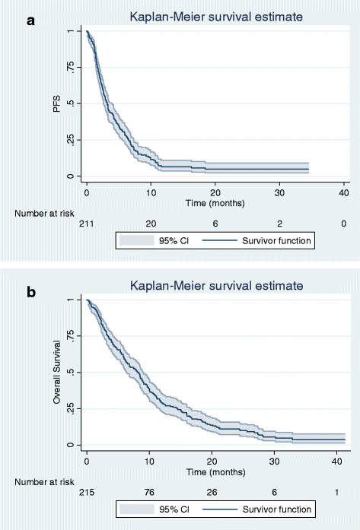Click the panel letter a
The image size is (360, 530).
click(x=30, y=21)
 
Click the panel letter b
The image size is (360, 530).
click(x=31, y=292)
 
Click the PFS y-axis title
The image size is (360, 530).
click(x=57, y=103)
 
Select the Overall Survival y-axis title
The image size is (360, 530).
click(x=57, y=372)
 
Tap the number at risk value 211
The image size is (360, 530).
click(x=87, y=224)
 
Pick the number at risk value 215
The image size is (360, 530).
click(x=87, y=492)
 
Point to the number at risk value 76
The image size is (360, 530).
click(x=149, y=492)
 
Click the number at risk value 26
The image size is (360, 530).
click(x=212, y=492)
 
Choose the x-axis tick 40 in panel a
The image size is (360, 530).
click(x=344, y=193)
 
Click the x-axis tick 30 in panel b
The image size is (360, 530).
click(x=275, y=462)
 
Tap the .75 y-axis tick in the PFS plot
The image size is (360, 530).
click(x=70, y=67)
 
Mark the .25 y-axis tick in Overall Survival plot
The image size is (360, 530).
click(x=70, y=408)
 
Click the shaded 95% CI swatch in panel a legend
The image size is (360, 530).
click(x=137, y=240)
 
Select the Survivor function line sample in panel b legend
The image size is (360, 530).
click(x=220, y=509)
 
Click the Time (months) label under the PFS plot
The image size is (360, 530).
click(x=215, y=203)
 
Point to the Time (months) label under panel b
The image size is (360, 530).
click(x=216, y=472)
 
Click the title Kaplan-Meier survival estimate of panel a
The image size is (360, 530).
click(x=217, y=17)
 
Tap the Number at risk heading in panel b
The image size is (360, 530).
click(x=44, y=482)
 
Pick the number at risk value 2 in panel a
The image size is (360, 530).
click(x=279, y=224)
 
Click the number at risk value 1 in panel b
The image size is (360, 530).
click(x=336, y=492)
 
